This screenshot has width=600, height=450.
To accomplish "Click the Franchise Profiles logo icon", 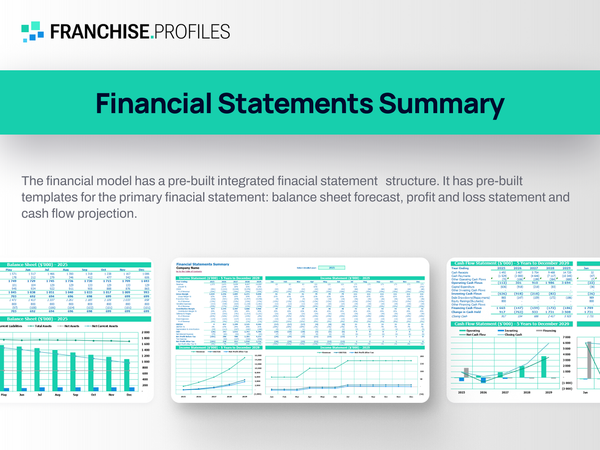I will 32,32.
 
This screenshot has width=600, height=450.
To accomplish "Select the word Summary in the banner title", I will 441,104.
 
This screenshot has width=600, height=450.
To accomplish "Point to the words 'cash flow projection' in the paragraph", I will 79,214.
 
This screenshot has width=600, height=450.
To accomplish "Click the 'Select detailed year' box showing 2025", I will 332,268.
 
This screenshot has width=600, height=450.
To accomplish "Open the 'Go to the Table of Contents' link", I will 189,272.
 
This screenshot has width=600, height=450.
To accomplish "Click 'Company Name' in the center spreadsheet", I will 188,268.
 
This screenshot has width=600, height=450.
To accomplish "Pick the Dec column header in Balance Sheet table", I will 142,270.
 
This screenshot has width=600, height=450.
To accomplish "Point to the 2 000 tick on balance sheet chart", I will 145,332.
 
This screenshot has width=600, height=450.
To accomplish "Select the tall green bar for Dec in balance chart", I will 126,375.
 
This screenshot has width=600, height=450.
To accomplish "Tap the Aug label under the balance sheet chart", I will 57,395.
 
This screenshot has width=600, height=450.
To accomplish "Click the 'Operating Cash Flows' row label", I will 467,283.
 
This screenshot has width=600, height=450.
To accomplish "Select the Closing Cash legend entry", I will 513,334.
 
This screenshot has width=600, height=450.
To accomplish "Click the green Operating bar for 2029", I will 545,367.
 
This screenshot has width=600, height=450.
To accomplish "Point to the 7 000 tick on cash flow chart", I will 567,337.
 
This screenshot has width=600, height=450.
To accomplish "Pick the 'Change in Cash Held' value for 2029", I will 566,312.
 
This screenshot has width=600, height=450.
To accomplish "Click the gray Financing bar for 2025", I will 466,373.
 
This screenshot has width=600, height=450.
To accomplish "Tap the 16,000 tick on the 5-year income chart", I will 258,356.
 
